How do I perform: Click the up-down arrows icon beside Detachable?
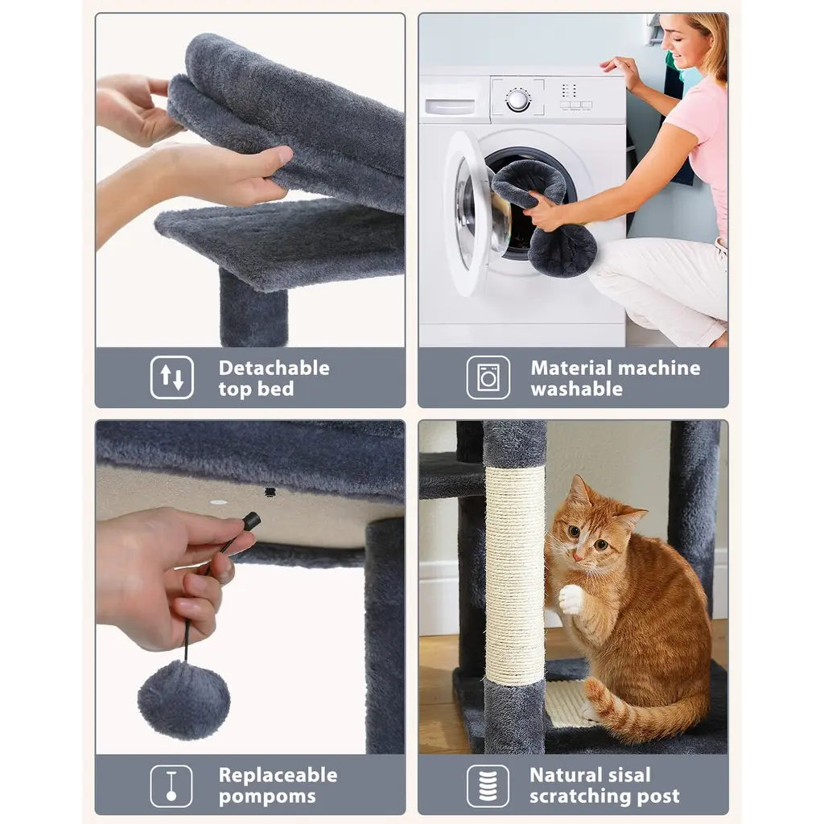tap(172, 377)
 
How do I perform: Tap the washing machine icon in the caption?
tap(488, 377)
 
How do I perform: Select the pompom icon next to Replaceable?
tap(171, 785)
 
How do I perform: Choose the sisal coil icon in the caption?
tap(488, 785)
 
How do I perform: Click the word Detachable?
tap(274, 368)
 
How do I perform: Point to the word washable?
tap(576, 389)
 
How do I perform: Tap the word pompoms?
tap(267, 797)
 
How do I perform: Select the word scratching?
tap(579, 797)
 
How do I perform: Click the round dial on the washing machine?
tap(518, 100)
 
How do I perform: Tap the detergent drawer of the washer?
tap(449, 107)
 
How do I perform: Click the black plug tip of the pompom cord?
tap(251, 521)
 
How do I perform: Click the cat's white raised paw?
tap(572, 599)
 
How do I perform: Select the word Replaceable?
tap(278, 775)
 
